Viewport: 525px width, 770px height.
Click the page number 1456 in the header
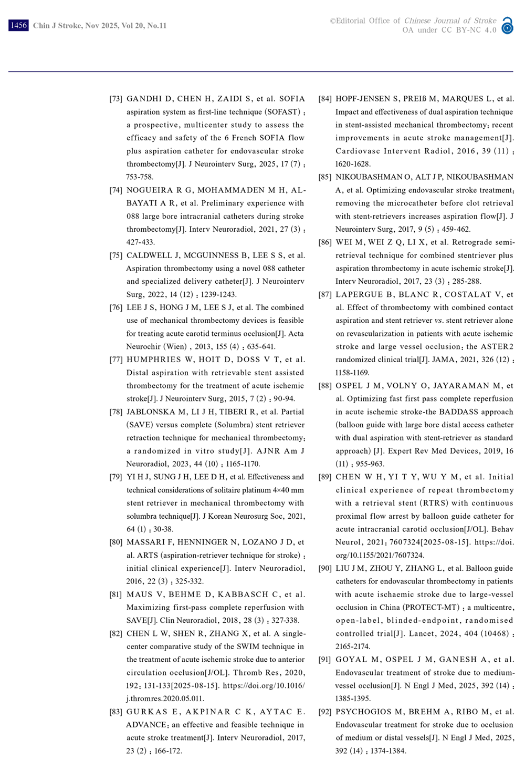point(18,25)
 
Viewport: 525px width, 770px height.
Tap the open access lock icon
point(507,26)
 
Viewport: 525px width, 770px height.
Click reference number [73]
point(115,99)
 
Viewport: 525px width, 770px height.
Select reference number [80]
point(115,542)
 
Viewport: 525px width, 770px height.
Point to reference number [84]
point(325,99)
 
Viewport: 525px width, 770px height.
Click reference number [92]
point(325,712)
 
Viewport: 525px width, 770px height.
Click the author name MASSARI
point(145,542)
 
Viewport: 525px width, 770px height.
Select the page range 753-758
point(140,177)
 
